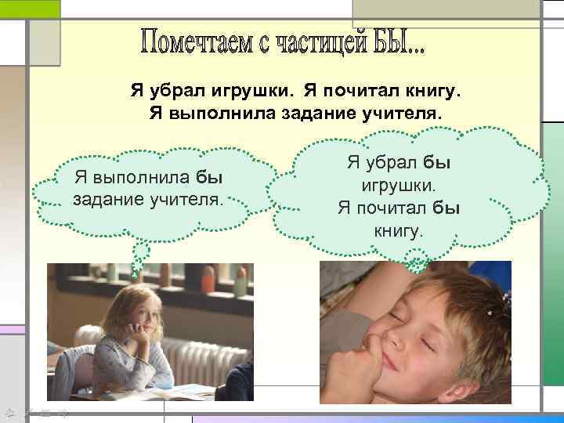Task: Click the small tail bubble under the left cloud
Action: pyautogui.click(x=140, y=253)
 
